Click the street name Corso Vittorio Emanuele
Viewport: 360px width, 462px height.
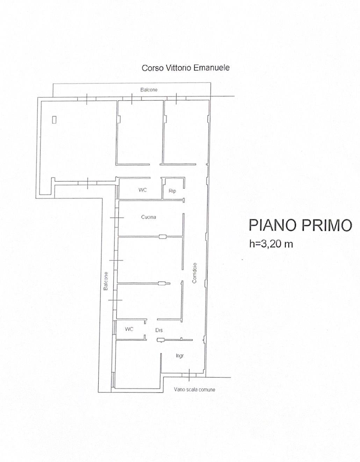point(186,68)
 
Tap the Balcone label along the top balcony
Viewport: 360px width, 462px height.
point(149,90)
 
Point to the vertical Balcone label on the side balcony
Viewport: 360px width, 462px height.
point(106,281)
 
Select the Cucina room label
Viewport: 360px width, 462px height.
point(149,217)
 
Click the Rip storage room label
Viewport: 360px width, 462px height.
point(172,191)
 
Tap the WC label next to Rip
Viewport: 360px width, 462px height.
point(143,190)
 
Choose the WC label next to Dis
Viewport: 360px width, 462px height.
point(129,329)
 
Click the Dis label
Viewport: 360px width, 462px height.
point(159,330)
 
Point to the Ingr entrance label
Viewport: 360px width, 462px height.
point(180,356)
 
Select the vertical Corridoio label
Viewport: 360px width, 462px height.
point(195,273)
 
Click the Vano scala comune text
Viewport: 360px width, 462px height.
point(194,390)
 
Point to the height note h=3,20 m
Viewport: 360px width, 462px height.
point(271,244)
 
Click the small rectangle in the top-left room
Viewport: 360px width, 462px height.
point(55,120)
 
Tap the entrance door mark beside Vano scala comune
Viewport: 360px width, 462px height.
point(189,375)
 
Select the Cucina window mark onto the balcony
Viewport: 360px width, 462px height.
point(117,218)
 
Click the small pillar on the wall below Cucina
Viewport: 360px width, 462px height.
point(163,237)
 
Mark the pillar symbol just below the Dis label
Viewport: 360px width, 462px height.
point(160,340)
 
